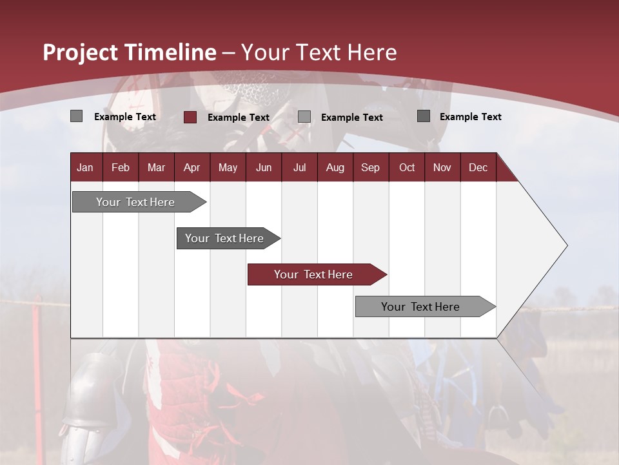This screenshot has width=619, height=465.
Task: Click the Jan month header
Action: (x=85, y=167)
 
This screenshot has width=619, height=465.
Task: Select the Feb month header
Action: (x=121, y=167)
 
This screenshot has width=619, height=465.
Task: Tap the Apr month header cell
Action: (x=192, y=167)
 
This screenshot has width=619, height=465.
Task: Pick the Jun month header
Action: (x=264, y=167)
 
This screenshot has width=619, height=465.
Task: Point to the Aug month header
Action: (x=335, y=167)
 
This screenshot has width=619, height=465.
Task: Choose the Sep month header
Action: (x=371, y=167)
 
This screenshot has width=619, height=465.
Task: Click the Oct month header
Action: (x=407, y=167)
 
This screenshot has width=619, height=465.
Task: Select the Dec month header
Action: (x=478, y=167)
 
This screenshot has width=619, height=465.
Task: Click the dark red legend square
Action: (x=190, y=117)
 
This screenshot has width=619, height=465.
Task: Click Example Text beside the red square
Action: (x=239, y=118)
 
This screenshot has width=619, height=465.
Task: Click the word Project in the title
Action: (x=81, y=52)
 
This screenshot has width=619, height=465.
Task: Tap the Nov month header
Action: (x=442, y=167)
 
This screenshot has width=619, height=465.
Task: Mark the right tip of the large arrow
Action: (x=566, y=245)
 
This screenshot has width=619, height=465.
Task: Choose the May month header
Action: (x=228, y=167)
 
